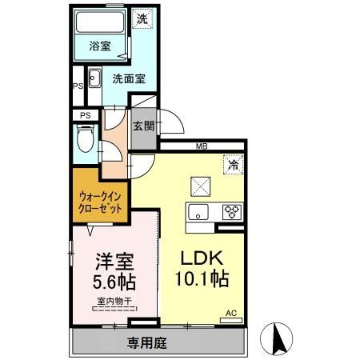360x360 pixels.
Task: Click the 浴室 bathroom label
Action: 99,46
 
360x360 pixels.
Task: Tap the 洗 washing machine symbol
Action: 141,18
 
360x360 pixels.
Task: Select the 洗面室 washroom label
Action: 127,79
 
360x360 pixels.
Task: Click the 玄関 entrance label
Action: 144,126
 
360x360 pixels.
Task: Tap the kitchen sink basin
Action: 197,212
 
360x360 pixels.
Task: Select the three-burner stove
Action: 231,212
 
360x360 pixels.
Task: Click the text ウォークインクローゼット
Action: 101,201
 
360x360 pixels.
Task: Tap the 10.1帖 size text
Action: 201,279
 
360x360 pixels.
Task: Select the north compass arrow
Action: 281,338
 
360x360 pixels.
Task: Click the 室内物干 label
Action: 113,302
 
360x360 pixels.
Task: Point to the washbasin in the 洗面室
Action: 94,78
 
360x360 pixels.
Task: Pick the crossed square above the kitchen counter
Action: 199,185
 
